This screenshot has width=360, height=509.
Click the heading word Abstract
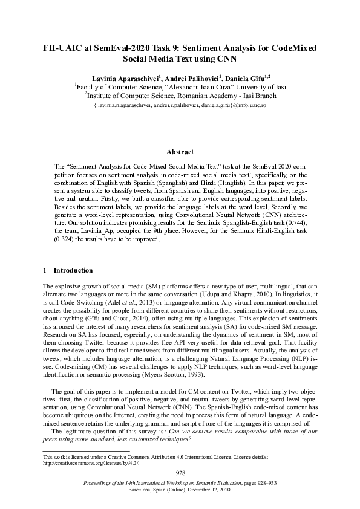(x=180, y=152)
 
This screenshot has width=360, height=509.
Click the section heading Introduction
(x=73, y=270)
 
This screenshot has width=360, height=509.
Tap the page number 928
(x=180, y=473)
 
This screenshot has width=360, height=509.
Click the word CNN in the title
(x=226, y=60)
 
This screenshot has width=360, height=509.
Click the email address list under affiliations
(x=180, y=105)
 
